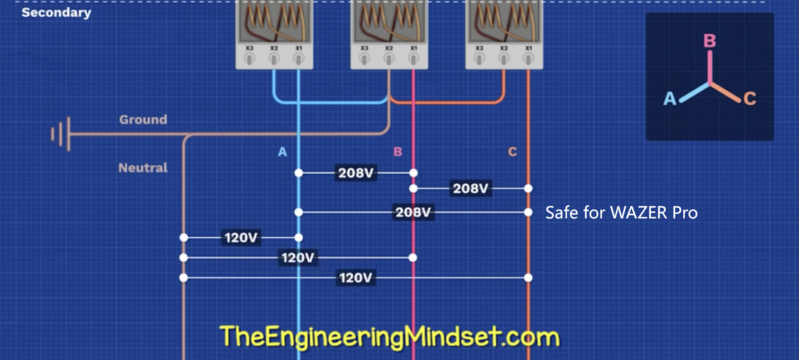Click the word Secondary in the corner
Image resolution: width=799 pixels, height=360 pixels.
56,13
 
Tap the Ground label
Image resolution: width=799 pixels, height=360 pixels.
143,120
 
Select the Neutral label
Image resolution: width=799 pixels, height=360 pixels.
143,168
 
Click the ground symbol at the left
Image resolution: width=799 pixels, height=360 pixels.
61,134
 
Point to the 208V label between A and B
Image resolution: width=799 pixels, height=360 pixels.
356,173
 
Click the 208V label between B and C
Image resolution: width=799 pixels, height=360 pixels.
471,189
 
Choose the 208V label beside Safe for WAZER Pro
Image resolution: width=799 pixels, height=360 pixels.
413,212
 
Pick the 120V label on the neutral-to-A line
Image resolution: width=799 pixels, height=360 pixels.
241,238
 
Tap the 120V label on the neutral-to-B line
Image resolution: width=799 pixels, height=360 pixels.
298,258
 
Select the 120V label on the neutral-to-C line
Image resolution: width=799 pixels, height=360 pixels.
355,278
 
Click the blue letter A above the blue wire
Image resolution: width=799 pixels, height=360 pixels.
283,152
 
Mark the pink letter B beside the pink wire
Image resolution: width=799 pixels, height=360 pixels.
398,152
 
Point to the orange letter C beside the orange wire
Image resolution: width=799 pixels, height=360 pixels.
512,152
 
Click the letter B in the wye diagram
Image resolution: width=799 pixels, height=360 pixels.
710,41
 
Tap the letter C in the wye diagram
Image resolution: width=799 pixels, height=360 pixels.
750,98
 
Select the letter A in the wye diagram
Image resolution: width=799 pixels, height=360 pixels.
670,98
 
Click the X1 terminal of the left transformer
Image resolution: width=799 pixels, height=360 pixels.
299,59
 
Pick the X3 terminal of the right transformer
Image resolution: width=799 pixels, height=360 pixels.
479,59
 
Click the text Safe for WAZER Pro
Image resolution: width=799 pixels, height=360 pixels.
621,212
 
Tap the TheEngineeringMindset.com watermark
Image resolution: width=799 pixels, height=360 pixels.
390,337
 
